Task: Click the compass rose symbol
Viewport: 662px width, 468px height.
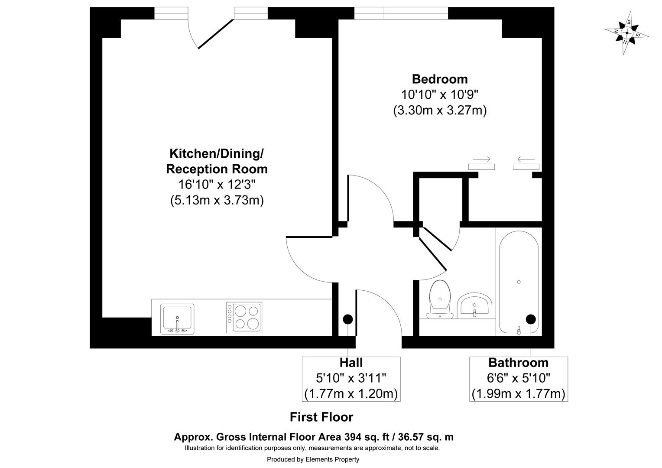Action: tap(626, 33)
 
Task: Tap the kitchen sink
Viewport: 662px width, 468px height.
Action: tap(177, 319)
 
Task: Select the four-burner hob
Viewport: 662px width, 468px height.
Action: tap(244, 318)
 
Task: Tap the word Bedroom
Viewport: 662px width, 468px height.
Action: tap(439, 79)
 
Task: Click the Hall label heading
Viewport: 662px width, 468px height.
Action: tap(351, 362)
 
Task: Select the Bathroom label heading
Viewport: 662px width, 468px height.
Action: tap(518, 362)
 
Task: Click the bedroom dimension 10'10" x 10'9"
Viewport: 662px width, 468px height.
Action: tap(439, 94)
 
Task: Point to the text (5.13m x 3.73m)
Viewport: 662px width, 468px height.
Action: tap(217, 200)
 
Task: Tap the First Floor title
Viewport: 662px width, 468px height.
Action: tap(321, 417)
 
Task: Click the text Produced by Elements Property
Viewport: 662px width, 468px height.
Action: tap(313, 459)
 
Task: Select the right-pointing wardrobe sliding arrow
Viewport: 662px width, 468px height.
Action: tap(481, 159)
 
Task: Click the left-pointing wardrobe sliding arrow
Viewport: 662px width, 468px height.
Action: tap(526, 159)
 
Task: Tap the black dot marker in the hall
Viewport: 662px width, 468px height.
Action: tap(348, 319)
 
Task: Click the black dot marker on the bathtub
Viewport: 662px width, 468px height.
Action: tap(530, 319)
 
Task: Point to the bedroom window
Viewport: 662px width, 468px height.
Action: tap(401, 13)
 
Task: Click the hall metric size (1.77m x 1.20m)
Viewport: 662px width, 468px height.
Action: tap(351, 394)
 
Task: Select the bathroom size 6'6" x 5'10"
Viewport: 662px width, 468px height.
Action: tap(518, 378)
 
